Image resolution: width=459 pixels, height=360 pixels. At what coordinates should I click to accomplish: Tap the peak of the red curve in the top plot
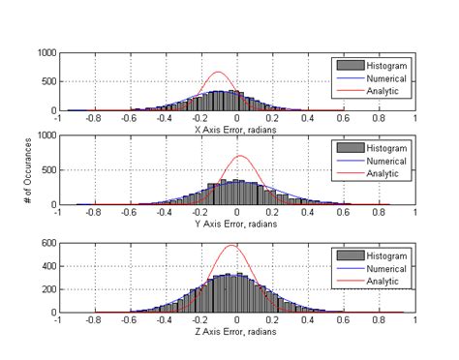click(219, 72)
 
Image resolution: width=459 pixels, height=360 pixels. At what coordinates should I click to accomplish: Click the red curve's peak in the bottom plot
click(231, 246)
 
